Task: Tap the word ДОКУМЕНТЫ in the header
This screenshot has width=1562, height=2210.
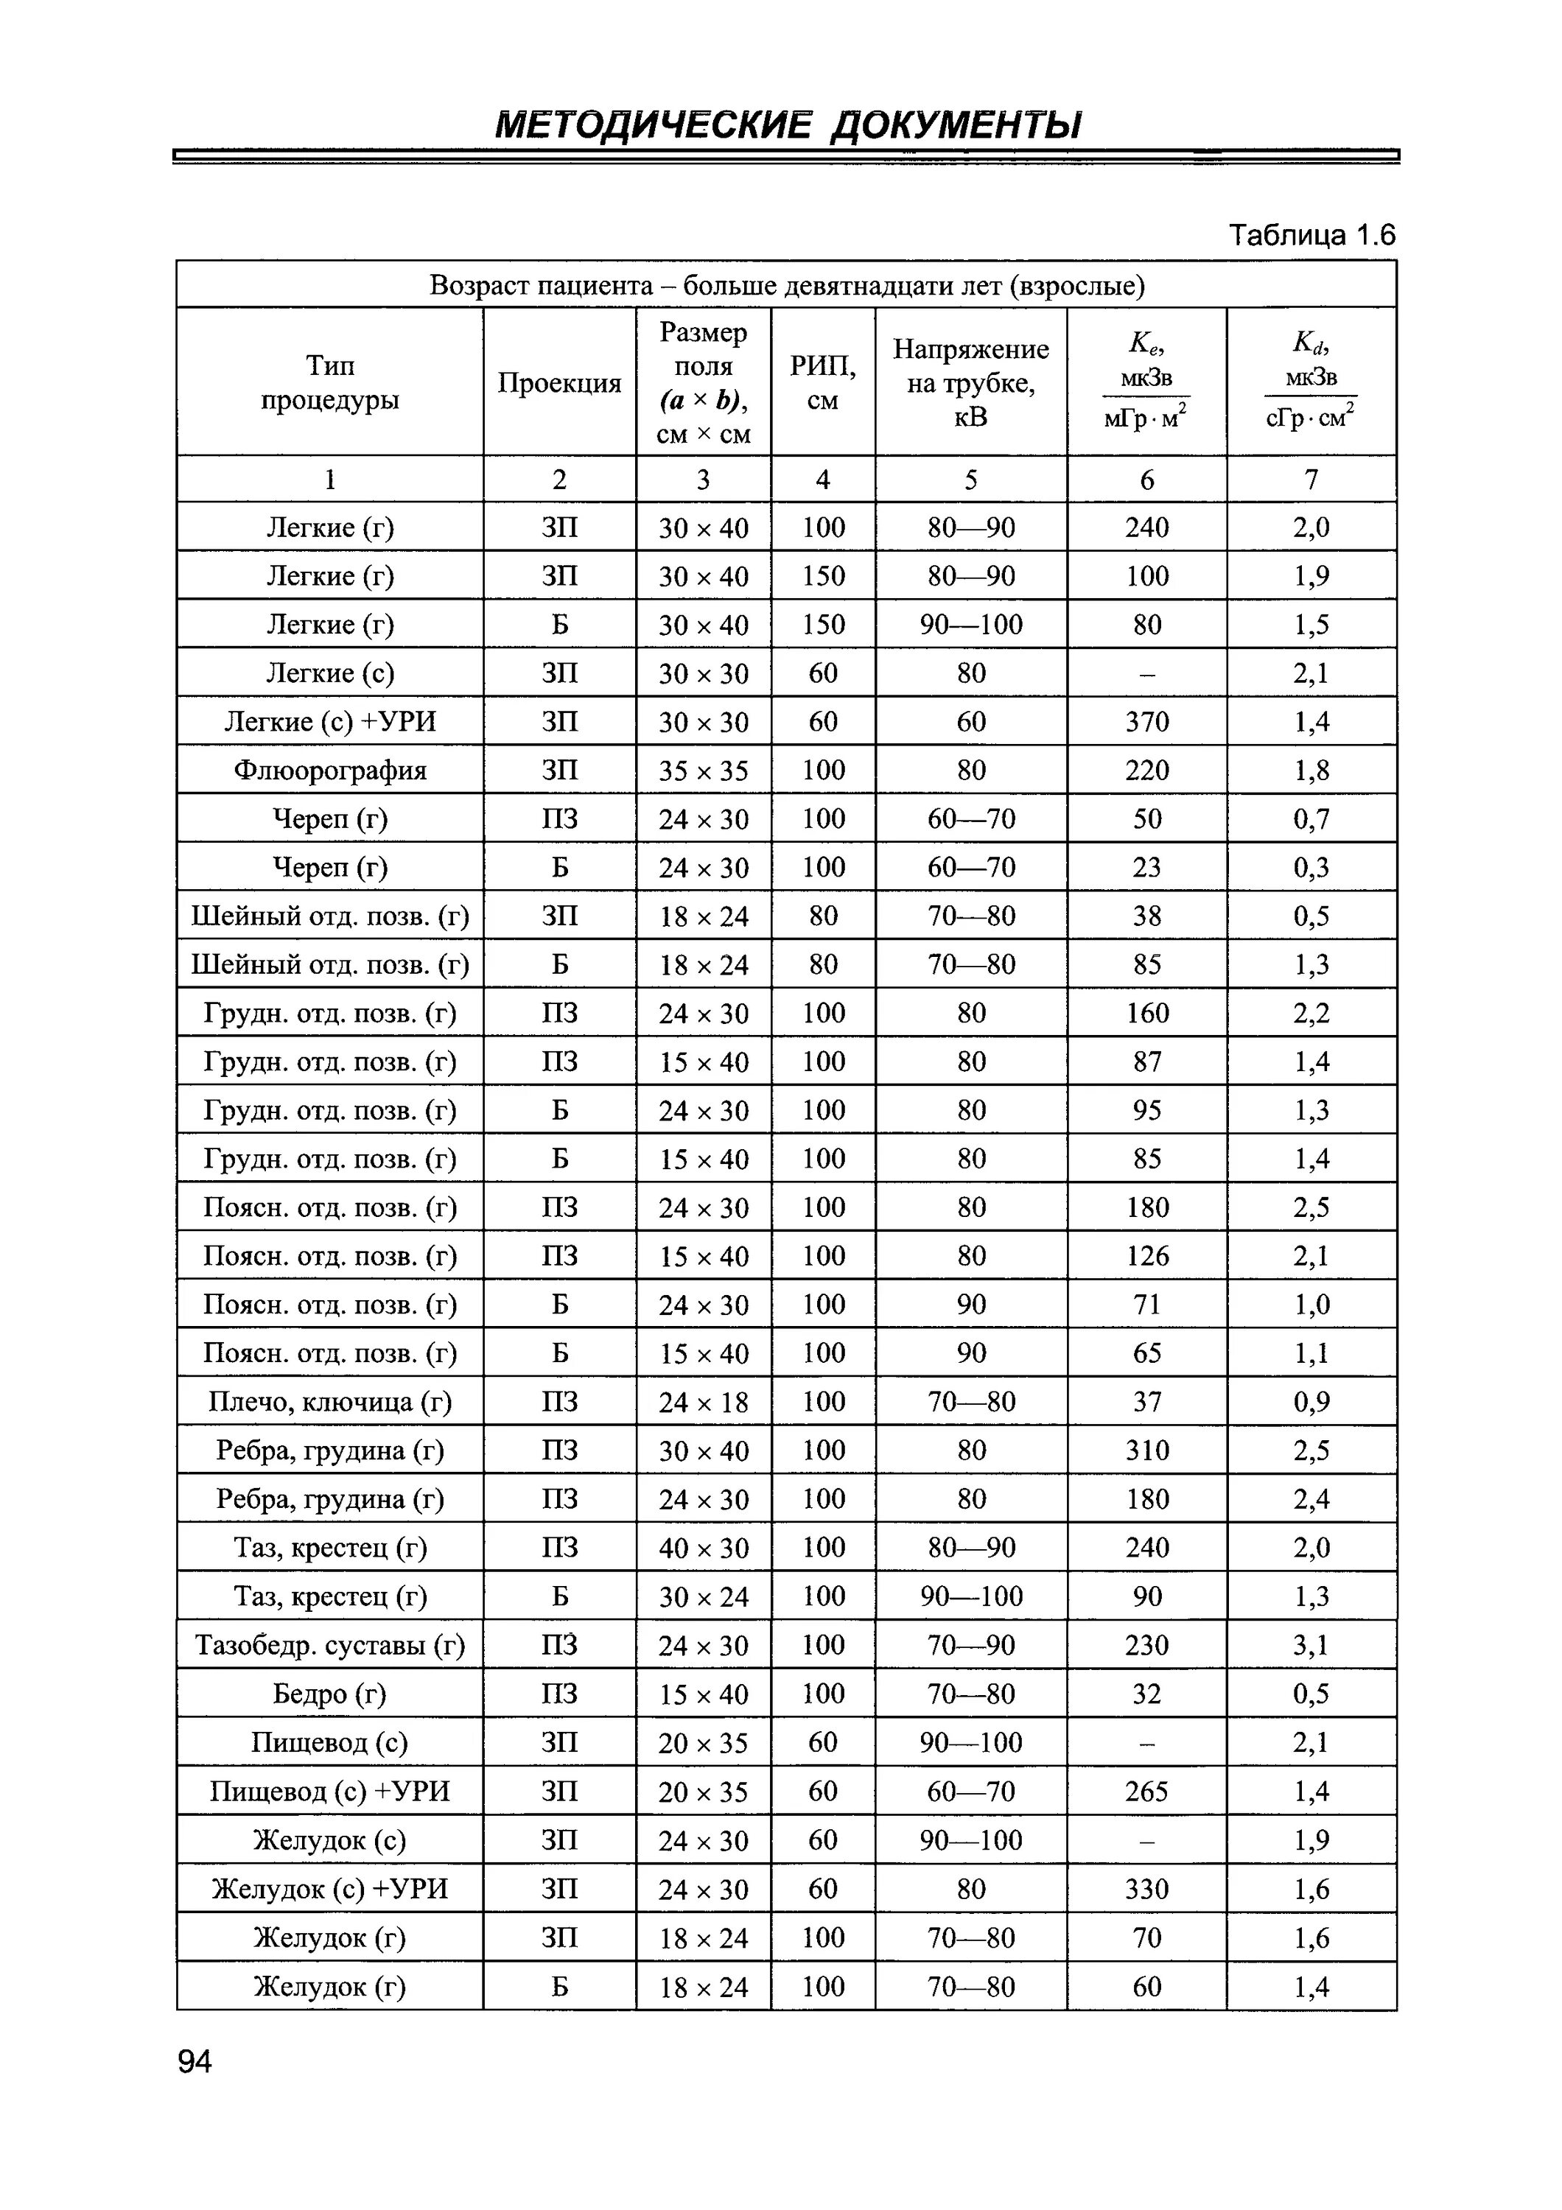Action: coord(955,125)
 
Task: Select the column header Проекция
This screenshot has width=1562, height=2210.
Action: coord(559,383)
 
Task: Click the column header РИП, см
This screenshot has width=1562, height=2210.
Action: coord(823,383)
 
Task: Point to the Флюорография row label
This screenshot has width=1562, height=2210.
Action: coord(330,770)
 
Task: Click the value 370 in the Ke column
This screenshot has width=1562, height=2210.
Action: coord(1146,722)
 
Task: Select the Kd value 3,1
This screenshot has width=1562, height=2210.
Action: coord(1311,1645)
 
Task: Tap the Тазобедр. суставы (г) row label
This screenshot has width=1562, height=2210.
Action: coord(330,1645)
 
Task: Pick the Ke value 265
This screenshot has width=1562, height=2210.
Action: coord(1146,1792)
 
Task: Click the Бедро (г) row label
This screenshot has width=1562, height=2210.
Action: coord(330,1694)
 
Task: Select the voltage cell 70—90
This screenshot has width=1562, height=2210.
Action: coord(971,1645)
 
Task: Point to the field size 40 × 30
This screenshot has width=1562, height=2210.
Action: coord(704,1548)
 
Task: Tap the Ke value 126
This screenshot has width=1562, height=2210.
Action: coord(1146,1256)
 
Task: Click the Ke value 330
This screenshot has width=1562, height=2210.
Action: coord(1146,1889)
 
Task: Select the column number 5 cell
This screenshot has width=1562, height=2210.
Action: coord(971,480)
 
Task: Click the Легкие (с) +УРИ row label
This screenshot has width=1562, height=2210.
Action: coord(330,722)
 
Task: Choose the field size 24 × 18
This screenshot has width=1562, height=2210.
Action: coord(704,1403)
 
